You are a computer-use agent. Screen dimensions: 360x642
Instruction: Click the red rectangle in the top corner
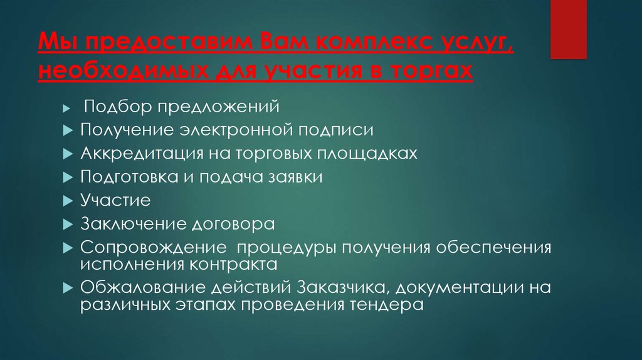[x=569, y=29]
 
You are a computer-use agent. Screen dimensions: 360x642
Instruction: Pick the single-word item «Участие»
[x=115, y=201]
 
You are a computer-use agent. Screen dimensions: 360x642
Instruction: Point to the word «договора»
[x=242, y=224]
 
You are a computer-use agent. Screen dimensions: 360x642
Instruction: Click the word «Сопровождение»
[x=152, y=248]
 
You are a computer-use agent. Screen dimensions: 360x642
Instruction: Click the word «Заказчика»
[x=338, y=287]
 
